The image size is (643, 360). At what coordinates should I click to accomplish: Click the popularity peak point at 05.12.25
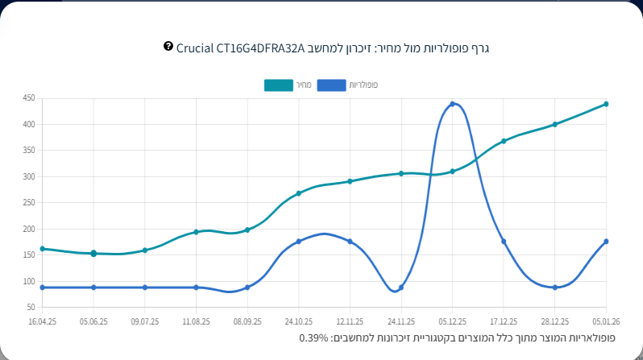click(x=452, y=104)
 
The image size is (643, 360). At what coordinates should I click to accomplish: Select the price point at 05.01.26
click(x=606, y=104)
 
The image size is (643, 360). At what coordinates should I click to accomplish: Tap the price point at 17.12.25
click(x=504, y=141)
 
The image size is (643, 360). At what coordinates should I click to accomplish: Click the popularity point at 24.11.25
click(x=400, y=288)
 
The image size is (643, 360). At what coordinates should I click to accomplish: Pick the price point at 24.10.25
click(x=298, y=193)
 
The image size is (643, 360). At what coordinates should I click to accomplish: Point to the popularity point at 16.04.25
click(x=42, y=288)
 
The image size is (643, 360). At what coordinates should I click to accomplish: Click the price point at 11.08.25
click(x=196, y=232)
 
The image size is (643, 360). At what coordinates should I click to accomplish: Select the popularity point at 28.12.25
click(x=555, y=288)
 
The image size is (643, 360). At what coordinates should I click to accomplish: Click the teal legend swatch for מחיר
click(x=279, y=85)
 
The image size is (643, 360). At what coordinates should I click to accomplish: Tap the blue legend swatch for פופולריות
click(x=331, y=85)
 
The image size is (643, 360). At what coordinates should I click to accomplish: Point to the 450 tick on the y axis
click(x=29, y=98)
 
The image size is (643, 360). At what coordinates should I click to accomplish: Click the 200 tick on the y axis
click(x=29, y=229)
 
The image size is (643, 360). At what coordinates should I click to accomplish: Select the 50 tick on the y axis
click(x=31, y=308)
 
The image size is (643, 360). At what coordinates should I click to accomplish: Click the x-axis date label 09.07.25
click(x=144, y=321)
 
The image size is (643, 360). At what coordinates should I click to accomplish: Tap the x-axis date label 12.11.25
click(x=350, y=321)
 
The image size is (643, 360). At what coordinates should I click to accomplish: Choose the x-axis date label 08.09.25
click(x=247, y=321)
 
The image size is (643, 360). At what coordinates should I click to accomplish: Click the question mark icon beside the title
click(x=168, y=47)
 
